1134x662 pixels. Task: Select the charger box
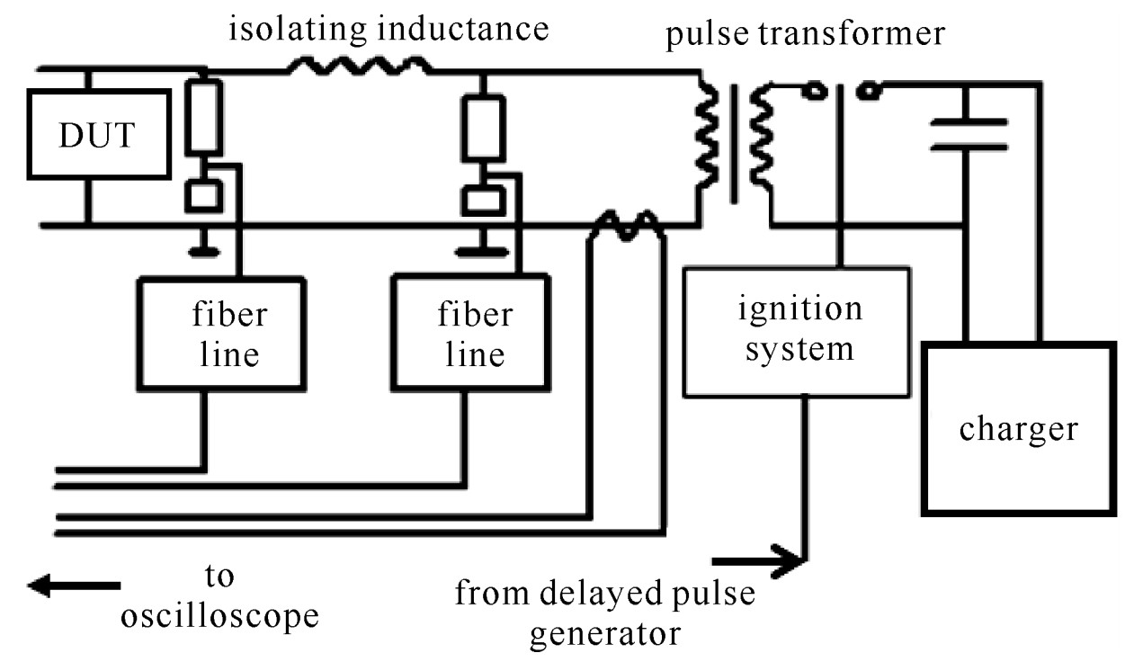pyautogui.click(x=1018, y=428)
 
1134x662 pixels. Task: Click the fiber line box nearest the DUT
pyautogui.click(x=221, y=334)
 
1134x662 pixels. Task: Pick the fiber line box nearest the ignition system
pyautogui.click(x=470, y=334)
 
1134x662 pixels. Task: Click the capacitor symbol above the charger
pyautogui.click(x=967, y=133)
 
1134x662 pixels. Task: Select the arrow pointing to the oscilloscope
pyautogui.click(x=73, y=586)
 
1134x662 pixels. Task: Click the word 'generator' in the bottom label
pyautogui.click(x=605, y=633)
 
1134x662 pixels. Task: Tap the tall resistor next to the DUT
pyautogui.click(x=203, y=118)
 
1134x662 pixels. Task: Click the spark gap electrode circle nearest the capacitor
pyautogui.click(x=868, y=90)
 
